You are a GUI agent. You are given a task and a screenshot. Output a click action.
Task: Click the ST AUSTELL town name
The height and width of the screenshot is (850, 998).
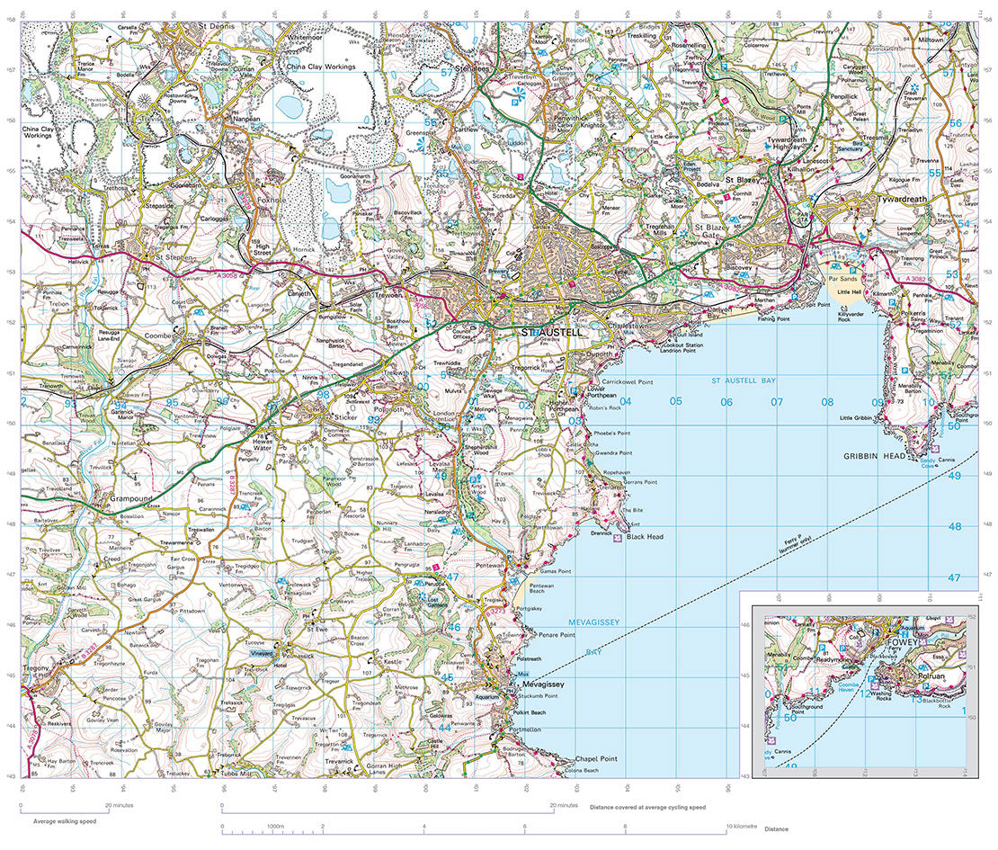(552, 333)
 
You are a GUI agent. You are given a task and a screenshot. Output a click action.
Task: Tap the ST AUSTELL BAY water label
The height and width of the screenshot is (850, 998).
(742, 382)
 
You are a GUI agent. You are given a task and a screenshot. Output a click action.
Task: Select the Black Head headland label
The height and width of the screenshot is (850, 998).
(645, 537)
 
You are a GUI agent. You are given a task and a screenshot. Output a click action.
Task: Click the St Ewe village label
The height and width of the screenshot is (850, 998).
(316, 630)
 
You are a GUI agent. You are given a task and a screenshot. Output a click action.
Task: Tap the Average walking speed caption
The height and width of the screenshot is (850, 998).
(64, 821)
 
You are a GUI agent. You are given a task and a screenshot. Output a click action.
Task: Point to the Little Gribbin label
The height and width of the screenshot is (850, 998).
(857, 418)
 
